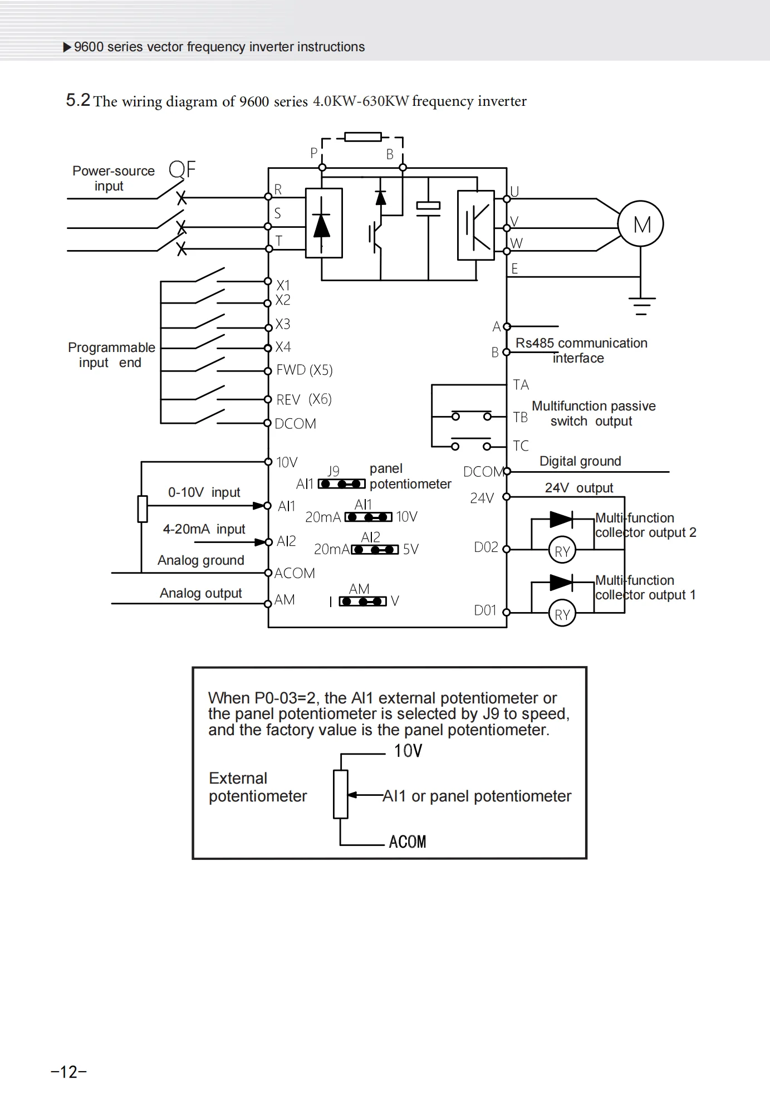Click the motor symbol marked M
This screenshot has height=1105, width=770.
coord(640,224)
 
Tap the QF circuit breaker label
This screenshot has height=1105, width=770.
coord(182,169)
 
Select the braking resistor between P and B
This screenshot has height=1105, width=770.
coord(362,137)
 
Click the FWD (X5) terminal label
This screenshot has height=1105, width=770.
coord(304,370)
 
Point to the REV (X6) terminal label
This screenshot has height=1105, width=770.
coord(303,399)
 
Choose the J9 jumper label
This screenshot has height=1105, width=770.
coord(333,471)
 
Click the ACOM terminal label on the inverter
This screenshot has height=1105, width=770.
coord(295,573)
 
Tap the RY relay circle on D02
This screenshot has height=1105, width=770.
coord(562,551)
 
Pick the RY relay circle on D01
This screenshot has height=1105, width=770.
coord(562,614)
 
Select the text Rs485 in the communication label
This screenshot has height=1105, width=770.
coord(534,343)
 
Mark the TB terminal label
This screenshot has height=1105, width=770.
coord(521,417)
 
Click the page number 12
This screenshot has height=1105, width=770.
coord(69,1072)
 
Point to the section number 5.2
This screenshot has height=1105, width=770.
coord(78,100)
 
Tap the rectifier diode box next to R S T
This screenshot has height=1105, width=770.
coord(323,223)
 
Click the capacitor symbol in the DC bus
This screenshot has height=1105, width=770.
coord(428,207)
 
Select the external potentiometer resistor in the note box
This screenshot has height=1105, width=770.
coord(340,794)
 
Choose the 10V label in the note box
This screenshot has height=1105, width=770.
coord(408,751)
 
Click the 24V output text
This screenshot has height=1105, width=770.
coord(579,488)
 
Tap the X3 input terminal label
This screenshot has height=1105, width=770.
coord(283,324)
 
